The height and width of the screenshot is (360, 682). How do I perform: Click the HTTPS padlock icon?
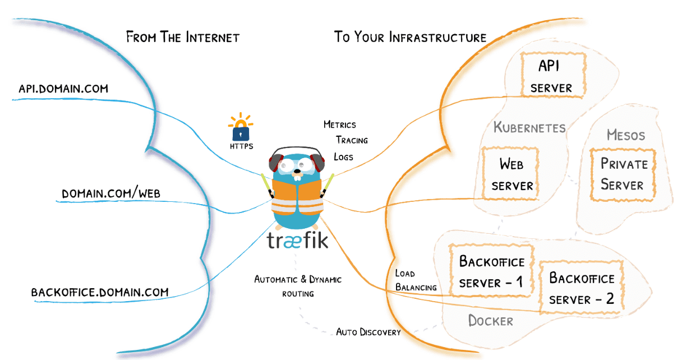[241, 129]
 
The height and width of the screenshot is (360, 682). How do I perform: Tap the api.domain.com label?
[63, 89]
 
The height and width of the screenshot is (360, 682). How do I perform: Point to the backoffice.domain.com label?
[100, 292]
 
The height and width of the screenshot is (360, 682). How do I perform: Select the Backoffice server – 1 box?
[491, 272]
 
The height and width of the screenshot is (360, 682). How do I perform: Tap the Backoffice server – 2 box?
[582, 288]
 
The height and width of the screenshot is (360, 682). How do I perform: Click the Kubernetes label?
[529, 128]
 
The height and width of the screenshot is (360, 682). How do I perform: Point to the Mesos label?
[626, 135]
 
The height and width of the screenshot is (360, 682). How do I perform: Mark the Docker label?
[491, 321]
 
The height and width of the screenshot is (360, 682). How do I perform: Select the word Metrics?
[340, 124]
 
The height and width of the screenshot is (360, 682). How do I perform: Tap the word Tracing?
[352, 140]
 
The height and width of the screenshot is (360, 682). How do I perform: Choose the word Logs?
[343, 156]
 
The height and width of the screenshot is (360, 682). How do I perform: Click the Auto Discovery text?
[368, 332]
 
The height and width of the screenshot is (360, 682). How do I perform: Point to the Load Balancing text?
[416, 280]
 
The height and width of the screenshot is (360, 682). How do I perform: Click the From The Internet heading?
[183, 38]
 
